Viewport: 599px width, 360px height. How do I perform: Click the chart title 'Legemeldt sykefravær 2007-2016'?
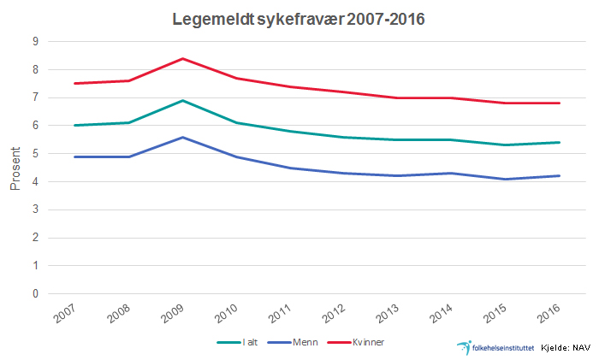click(x=298, y=19)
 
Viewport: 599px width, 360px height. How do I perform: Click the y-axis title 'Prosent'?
click(x=15, y=168)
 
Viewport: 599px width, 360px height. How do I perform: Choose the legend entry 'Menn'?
click(x=299, y=342)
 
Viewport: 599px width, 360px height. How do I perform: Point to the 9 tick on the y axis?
click(x=35, y=41)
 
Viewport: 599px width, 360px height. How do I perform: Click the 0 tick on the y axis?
click(x=35, y=294)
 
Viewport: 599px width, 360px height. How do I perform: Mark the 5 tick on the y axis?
click(x=35, y=154)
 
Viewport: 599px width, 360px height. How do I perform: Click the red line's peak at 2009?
click(x=182, y=58)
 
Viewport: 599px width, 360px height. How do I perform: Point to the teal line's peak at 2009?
click(x=182, y=100)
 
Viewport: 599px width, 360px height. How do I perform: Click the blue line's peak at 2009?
click(x=182, y=137)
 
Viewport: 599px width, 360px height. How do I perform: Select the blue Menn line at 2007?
click(x=74, y=156)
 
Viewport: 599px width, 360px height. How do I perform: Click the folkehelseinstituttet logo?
click(x=495, y=347)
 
